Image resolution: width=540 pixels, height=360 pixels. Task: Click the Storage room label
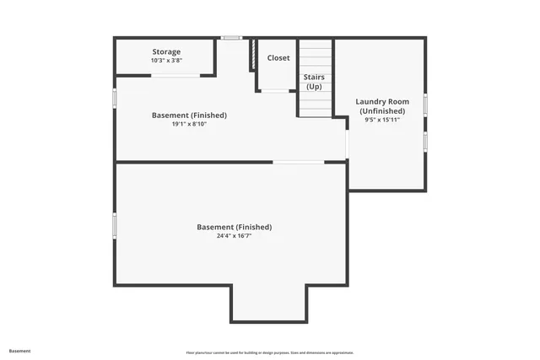pyautogui.click(x=166, y=52)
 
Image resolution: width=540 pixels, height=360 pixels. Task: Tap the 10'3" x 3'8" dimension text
pyautogui.click(x=166, y=61)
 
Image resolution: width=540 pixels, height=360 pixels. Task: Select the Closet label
pyautogui.click(x=278, y=58)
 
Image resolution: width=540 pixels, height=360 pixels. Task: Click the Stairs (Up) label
pyautogui.click(x=314, y=82)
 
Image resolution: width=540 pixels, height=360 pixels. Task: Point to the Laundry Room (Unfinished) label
pyautogui.click(x=382, y=106)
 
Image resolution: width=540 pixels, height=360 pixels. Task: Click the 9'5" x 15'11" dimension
pyautogui.click(x=382, y=120)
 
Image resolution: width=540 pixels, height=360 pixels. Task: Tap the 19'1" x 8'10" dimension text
pyautogui.click(x=189, y=124)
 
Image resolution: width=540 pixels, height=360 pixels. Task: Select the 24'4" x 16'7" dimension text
pyautogui.click(x=234, y=236)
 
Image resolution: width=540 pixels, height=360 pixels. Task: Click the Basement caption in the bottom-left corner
pyautogui.click(x=19, y=351)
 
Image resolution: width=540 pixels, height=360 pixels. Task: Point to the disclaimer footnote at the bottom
pyautogui.click(x=269, y=352)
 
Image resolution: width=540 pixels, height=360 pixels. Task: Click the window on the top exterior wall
pyautogui.click(x=231, y=37)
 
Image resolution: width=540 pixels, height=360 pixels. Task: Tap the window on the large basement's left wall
pyautogui.click(x=115, y=225)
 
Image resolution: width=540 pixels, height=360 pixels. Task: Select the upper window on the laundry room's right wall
pyautogui.click(x=425, y=104)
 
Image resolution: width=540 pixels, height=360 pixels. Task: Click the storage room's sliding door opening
pyautogui.click(x=175, y=76)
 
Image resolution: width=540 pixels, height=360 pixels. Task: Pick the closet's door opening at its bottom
pyautogui.click(x=275, y=90)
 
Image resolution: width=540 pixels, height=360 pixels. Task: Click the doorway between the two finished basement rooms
pyautogui.click(x=298, y=162)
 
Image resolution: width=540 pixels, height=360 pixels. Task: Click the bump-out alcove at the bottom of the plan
pyautogui.click(x=268, y=304)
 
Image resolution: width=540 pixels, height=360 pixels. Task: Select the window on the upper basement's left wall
pyautogui.click(x=115, y=97)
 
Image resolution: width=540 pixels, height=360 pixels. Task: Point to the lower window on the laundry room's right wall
pyautogui.click(x=425, y=140)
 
